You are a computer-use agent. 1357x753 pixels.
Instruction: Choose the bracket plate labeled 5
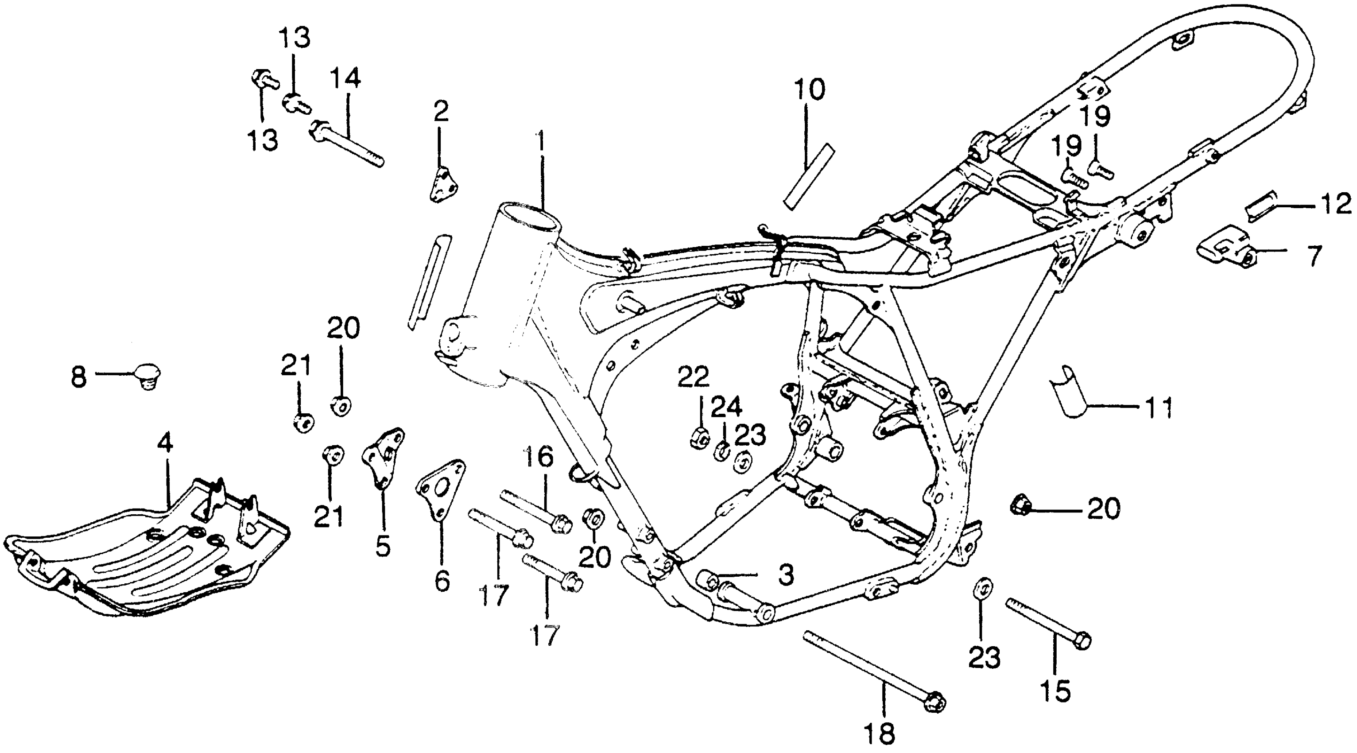tap(383, 458)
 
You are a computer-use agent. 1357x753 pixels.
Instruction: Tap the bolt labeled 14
tap(348, 144)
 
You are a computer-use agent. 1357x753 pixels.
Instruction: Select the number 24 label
tap(726, 408)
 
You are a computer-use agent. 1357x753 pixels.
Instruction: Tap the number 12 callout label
tap(1336, 205)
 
